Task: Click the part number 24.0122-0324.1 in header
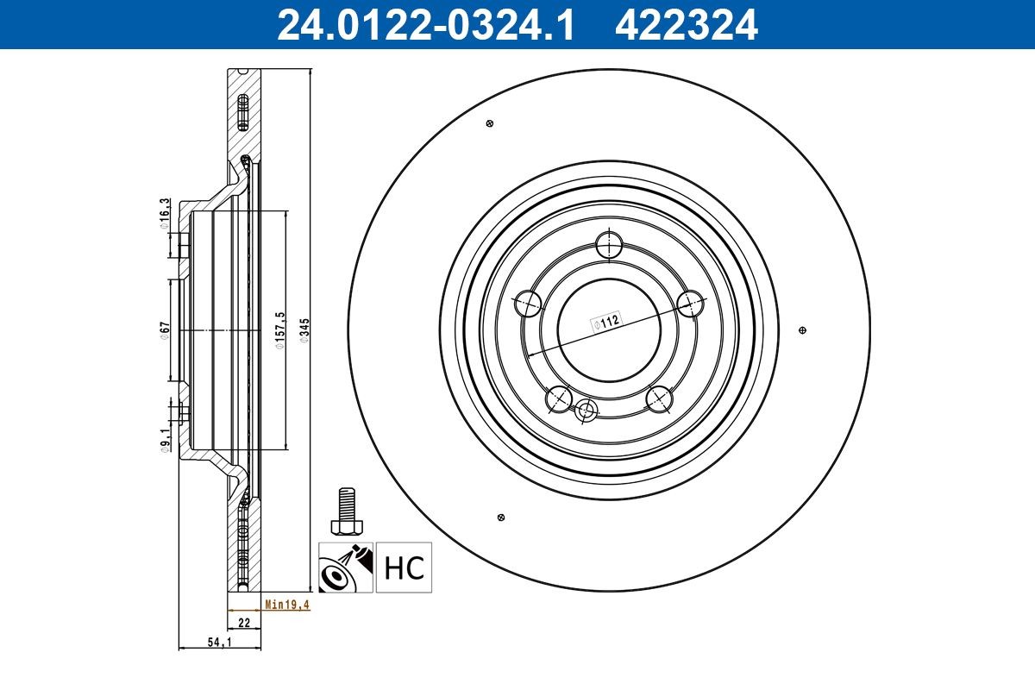tap(423, 24)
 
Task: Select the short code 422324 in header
tap(686, 24)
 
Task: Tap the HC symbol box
tap(404, 568)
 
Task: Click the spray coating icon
tap(345, 568)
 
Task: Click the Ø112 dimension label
tap(605, 323)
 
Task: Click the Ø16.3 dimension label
tap(164, 213)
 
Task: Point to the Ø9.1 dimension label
tap(164, 441)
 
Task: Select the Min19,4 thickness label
tap(286, 606)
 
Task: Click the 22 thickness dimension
tap(244, 622)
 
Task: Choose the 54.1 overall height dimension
tap(219, 643)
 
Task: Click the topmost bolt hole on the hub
tap(610, 244)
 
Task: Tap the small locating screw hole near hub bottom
tap(587, 410)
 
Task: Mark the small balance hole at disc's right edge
tap(803, 330)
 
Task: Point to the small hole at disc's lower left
tap(500, 517)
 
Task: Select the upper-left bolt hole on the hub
tap(528, 304)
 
